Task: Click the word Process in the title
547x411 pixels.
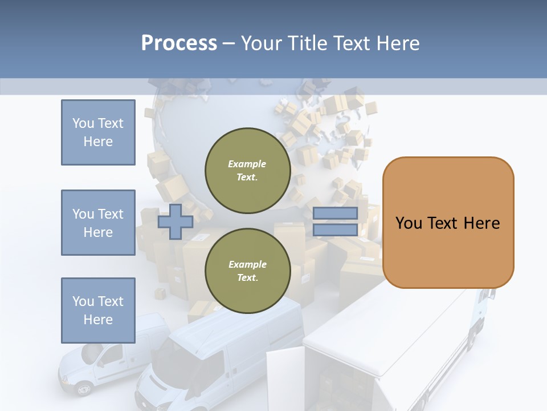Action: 179,43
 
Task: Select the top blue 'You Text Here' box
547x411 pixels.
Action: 98,132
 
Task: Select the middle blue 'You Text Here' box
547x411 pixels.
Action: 98,223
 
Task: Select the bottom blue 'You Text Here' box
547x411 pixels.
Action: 98,310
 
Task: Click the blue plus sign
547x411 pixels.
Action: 175,221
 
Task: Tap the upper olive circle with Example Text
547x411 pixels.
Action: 247,170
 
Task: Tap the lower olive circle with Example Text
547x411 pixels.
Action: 247,271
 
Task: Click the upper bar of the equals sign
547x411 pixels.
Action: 335,213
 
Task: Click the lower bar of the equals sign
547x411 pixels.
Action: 335,229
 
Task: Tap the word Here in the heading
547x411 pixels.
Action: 399,43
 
